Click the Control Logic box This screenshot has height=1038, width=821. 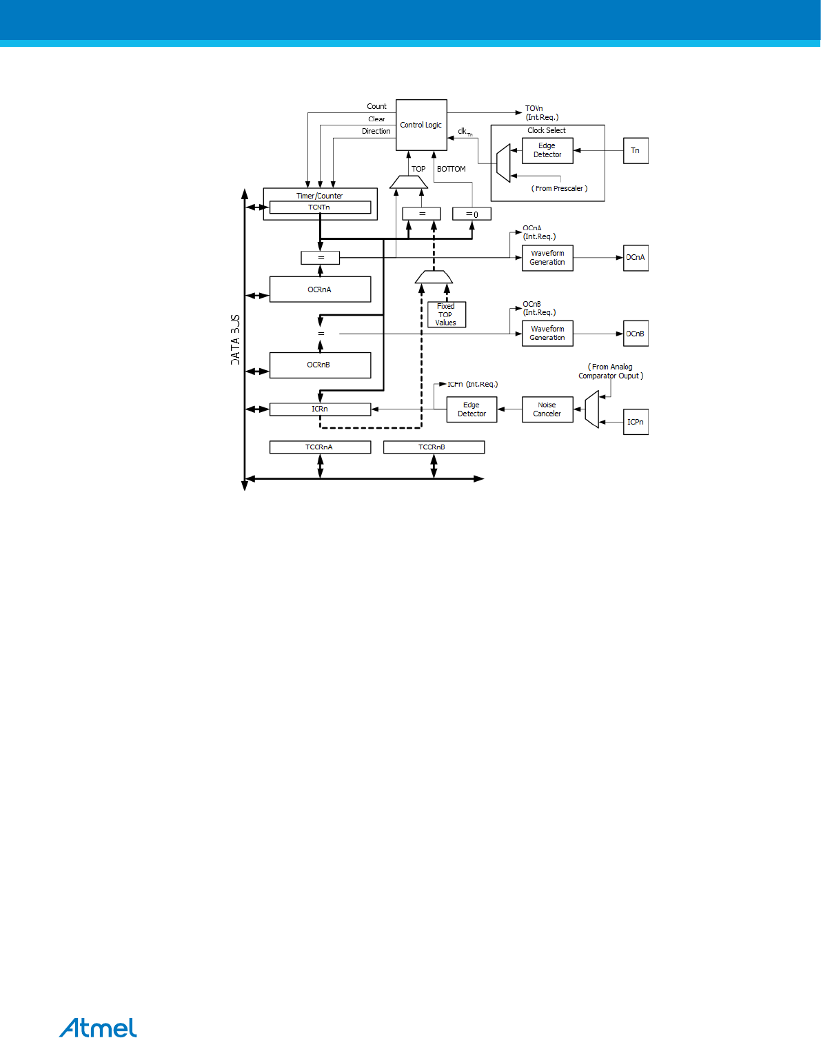[421, 125]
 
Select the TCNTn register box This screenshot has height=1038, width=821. [320, 207]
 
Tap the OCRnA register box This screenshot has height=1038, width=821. [320, 289]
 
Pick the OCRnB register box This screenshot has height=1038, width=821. [320, 365]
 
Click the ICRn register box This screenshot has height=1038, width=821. [320, 409]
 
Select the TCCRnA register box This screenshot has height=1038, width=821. [320, 447]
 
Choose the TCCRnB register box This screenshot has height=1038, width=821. [434, 447]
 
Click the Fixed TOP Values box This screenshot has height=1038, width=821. [446, 314]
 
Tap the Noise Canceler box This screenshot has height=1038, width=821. [547, 409]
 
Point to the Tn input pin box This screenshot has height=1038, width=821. [636, 151]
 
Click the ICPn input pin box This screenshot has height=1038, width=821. [636, 422]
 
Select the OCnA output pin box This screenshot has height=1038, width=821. [636, 258]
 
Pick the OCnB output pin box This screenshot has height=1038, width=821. [636, 334]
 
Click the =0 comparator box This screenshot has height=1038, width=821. [472, 214]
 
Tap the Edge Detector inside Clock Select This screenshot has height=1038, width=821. [547, 150]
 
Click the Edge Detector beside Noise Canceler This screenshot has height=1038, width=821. [472, 409]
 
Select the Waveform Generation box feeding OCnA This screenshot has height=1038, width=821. [547, 258]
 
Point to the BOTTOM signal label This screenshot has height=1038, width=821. [452, 169]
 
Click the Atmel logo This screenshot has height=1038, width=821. [98, 1027]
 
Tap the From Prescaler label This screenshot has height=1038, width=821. [560, 188]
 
